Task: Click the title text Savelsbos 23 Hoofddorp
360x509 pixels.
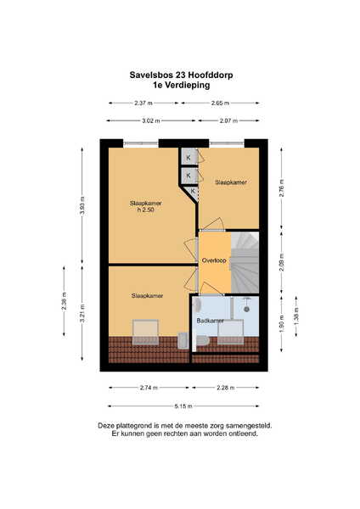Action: point(181,75)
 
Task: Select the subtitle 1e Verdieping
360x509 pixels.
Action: point(182,86)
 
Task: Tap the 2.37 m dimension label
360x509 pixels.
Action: point(143,103)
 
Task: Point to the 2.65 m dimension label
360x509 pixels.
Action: point(220,103)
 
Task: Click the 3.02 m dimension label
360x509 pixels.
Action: point(151,121)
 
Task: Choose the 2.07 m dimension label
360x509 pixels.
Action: point(228,121)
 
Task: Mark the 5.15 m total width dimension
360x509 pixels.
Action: point(183,406)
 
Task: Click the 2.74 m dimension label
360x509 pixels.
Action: point(149,388)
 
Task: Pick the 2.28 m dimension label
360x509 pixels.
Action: point(226,388)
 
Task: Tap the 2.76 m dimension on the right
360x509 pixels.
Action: point(281,188)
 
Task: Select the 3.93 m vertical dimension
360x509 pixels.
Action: point(82,206)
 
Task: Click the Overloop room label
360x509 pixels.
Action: point(214,260)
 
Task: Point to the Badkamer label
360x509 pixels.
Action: point(210,321)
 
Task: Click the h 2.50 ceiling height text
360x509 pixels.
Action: point(145,210)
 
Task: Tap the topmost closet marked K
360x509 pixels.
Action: point(189,158)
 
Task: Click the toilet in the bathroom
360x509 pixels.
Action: point(204,341)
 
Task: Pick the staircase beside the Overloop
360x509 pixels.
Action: point(245,262)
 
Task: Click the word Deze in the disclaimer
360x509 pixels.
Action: point(104,426)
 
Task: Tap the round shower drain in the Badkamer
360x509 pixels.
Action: point(246,310)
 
